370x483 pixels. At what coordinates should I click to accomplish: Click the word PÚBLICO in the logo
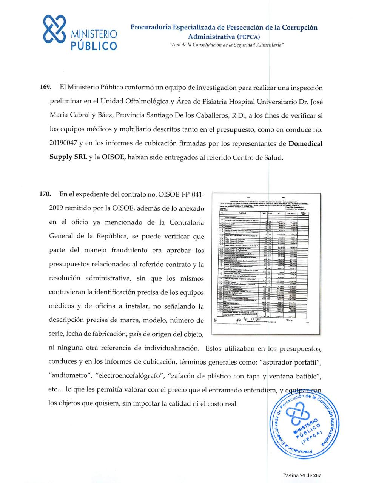click(94, 46)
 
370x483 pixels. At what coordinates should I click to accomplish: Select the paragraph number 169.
click(45, 88)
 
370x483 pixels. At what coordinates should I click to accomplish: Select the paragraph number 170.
click(45, 194)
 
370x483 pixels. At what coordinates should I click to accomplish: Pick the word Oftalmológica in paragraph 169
click(146, 102)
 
